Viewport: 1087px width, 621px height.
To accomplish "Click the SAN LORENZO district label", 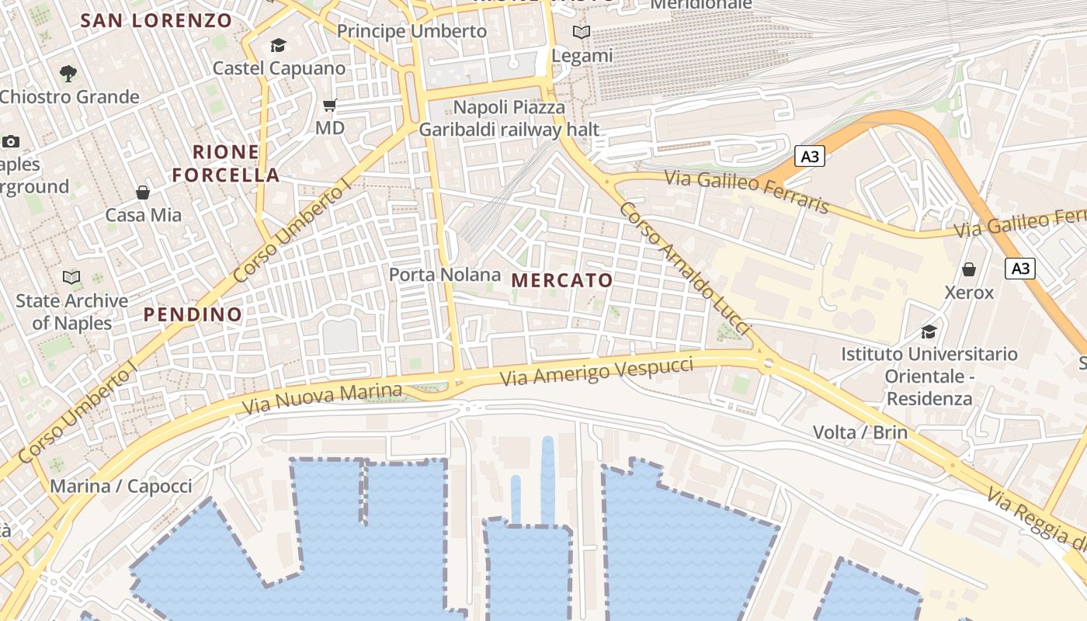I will pyautogui.click(x=156, y=21).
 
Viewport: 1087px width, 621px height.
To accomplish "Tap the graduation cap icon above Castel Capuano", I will pyautogui.click(x=278, y=46).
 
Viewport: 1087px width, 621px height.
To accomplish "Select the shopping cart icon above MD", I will pyautogui.click(x=330, y=105).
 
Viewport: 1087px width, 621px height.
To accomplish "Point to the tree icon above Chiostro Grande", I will pyautogui.click(x=68, y=74).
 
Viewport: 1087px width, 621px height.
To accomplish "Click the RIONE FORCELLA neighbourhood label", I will pyautogui.click(x=226, y=163).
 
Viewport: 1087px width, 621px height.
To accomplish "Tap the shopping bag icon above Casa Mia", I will pyautogui.click(x=143, y=192).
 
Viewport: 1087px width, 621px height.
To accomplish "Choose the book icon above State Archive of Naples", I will pyautogui.click(x=71, y=277).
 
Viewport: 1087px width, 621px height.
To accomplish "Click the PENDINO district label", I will pyautogui.click(x=193, y=314).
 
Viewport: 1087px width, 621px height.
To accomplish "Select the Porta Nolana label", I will pyautogui.click(x=445, y=275).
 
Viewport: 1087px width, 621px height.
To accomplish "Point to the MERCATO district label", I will pyautogui.click(x=563, y=280).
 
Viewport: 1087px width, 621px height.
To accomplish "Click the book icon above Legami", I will pyautogui.click(x=582, y=33).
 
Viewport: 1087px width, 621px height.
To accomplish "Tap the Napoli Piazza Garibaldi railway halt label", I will pyautogui.click(x=509, y=118).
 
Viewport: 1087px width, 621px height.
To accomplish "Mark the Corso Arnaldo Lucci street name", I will pyautogui.click(x=686, y=269).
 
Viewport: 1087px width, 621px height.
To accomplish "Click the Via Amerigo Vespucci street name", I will pyautogui.click(x=596, y=372).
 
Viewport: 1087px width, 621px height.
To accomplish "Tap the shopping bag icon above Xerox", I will pyautogui.click(x=969, y=269).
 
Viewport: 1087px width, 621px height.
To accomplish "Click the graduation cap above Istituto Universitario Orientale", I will pyautogui.click(x=929, y=331).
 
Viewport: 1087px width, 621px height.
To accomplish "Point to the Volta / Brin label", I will pyautogui.click(x=860, y=432).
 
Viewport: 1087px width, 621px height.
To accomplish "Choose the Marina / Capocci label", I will pyautogui.click(x=120, y=487).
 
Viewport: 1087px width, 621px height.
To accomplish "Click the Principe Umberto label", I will pyautogui.click(x=412, y=31).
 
